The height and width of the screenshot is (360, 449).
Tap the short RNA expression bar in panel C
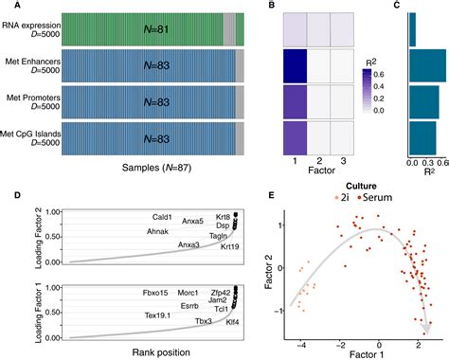click(413, 30)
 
